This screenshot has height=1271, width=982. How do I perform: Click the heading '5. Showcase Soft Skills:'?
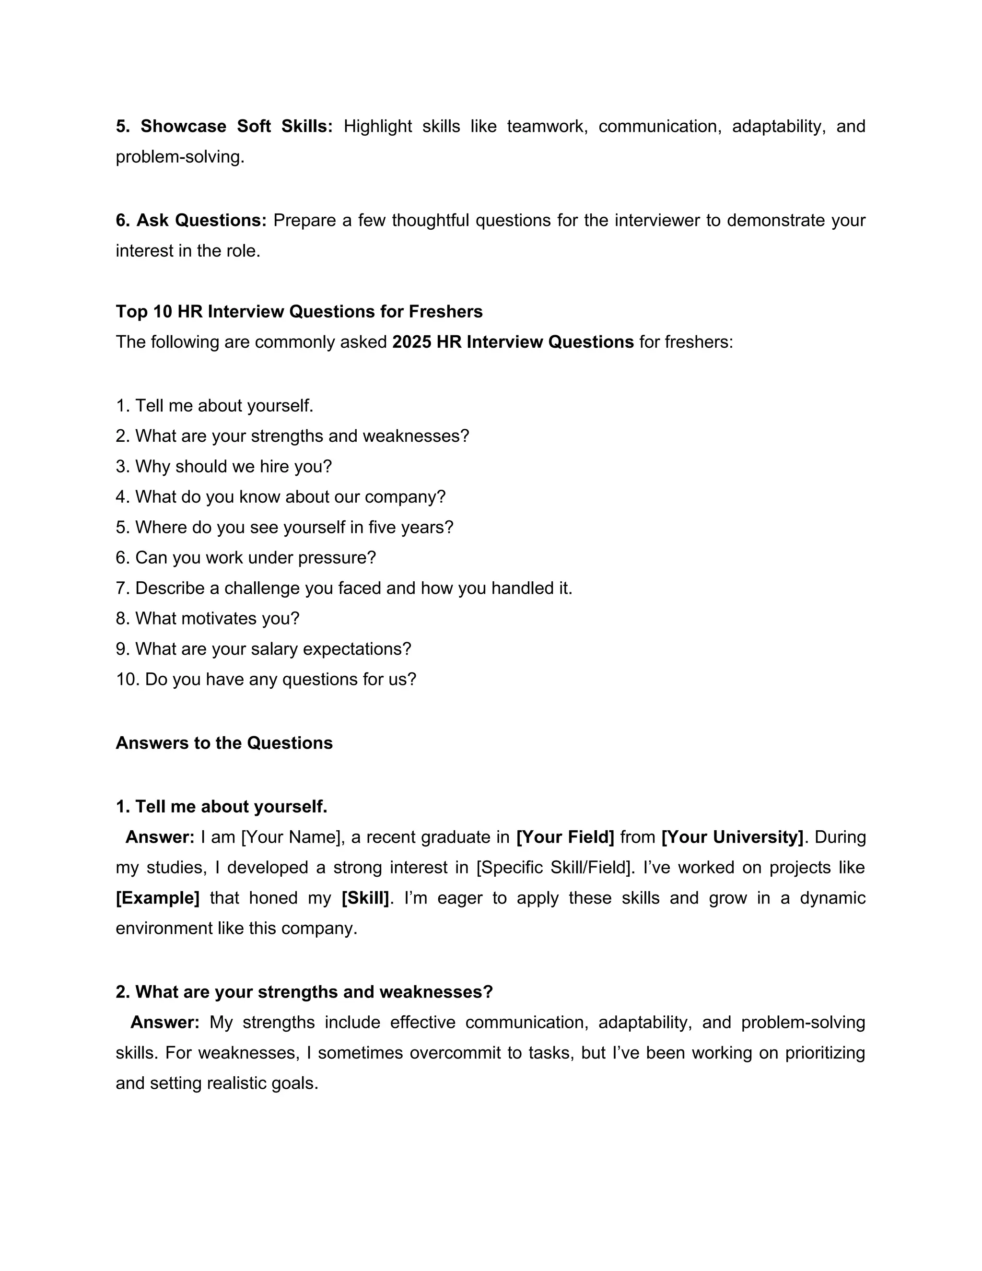point(224,126)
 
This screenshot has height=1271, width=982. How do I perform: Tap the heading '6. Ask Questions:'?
point(191,221)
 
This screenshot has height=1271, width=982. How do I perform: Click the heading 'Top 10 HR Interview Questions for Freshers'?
point(299,311)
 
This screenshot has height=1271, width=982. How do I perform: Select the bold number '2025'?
point(411,341)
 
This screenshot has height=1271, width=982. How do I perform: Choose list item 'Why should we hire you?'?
point(233,466)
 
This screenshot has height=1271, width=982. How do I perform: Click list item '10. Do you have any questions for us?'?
point(266,679)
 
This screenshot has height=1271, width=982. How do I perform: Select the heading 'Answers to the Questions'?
point(224,743)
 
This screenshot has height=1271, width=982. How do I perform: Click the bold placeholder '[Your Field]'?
point(565,837)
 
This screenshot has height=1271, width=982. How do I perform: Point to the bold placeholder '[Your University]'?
point(733,837)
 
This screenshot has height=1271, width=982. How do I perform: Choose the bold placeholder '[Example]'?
point(158,898)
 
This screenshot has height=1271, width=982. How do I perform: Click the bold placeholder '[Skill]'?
point(365,898)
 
